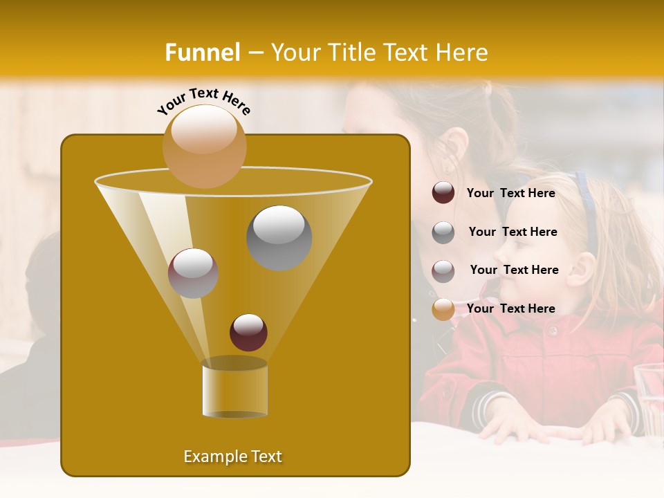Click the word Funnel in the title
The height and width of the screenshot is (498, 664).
click(202, 53)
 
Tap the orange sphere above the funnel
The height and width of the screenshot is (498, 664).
click(204, 146)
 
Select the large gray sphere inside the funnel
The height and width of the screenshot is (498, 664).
click(279, 237)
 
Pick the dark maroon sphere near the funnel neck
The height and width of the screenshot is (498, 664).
click(248, 332)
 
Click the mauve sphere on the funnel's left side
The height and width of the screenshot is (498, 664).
click(193, 273)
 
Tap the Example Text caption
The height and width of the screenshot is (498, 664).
click(232, 456)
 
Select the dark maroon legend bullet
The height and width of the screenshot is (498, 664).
click(443, 193)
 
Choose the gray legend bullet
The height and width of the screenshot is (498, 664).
click(443, 232)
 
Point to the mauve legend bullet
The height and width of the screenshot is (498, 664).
click(443, 270)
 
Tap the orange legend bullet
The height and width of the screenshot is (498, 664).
click(443, 309)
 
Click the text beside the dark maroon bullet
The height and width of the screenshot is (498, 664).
click(510, 194)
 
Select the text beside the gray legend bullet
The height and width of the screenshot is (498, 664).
click(513, 232)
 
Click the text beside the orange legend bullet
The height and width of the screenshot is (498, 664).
click(510, 308)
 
